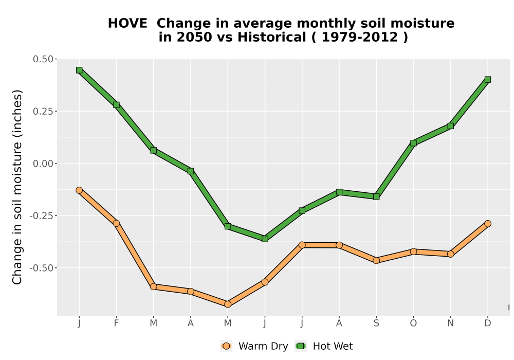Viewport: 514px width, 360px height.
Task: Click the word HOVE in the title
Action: coord(127,23)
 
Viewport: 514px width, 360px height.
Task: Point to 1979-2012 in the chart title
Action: coord(360,37)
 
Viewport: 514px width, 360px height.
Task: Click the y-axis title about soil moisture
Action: coord(17,187)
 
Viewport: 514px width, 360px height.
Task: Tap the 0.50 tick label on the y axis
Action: coord(43,59)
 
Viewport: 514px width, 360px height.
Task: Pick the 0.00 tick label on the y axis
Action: coord(43,163)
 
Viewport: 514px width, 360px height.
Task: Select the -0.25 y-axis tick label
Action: coord(41,215)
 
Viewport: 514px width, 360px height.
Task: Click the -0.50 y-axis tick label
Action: coord(41,268)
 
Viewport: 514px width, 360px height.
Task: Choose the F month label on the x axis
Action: coord(116,323)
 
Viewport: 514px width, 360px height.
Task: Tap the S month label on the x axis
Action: coord(376,323)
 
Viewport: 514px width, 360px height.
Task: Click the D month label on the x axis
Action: coord(488,323)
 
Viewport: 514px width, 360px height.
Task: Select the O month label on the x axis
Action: coord(413,323)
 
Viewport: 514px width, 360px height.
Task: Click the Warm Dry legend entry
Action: coord(254,346)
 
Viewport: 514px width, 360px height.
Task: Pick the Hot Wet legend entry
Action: coord(324,346)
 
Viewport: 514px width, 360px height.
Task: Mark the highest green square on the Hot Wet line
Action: coord(79,70)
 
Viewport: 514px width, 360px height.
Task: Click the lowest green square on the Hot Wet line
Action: coord(265,239)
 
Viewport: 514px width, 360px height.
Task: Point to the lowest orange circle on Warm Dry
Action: coord(228,304)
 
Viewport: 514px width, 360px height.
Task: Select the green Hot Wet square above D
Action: coord(488,79)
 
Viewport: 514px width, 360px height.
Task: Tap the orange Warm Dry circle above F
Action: coord(116,223)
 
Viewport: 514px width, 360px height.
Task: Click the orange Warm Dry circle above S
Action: coord(376,260)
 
